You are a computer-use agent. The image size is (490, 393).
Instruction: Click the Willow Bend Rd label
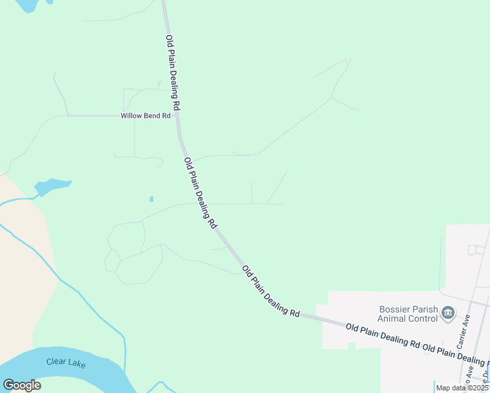(145, 116)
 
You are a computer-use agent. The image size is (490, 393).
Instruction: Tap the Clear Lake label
(66, 362)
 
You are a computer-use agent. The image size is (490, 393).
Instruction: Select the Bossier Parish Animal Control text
(408, 314)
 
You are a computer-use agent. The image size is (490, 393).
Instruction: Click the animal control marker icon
(448, 313)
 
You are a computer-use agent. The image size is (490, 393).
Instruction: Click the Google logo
(22, 384)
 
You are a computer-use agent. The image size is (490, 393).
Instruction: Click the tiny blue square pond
(151, 199)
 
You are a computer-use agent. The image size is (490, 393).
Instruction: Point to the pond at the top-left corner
(26, 5)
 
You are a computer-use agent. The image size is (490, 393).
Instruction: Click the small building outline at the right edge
(475, 250)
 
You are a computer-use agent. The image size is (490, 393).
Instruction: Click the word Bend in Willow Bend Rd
(152, 116)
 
